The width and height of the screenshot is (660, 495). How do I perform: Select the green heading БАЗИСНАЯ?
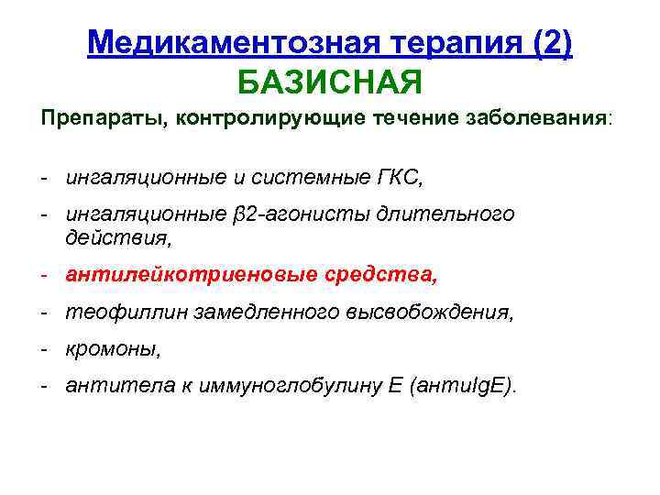(330, 83)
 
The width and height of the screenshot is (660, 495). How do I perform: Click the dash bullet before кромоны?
(44, 349)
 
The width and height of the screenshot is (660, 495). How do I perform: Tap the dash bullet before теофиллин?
(44, 312)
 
